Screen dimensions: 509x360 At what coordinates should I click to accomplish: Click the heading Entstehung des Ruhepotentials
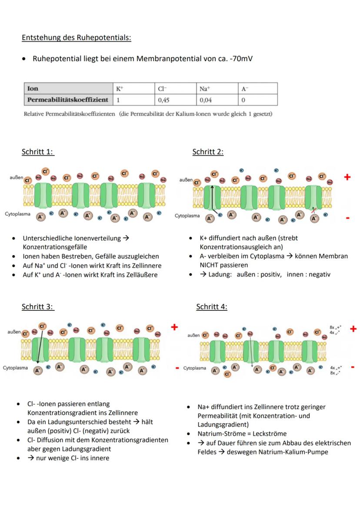(x=76, y=37)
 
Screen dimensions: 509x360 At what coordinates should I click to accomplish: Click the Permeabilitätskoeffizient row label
(x=67, y=100)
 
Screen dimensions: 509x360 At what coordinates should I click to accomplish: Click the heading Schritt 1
(x=38, y=152)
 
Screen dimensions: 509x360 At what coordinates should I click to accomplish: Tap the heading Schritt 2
(x=208, y=152)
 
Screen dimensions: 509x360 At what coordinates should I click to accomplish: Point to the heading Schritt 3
(x=38, y=306)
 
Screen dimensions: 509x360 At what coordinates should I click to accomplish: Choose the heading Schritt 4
(x=212, y=306)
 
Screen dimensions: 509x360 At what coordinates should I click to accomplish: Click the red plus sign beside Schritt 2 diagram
(x=347, y=177)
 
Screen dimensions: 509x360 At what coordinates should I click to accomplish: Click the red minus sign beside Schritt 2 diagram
(x=347, y=218)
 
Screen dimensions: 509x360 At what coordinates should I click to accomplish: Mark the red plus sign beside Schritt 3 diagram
(x=174, y=327)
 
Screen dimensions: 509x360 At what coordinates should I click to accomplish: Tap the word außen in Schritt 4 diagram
(x=194, y=336)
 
